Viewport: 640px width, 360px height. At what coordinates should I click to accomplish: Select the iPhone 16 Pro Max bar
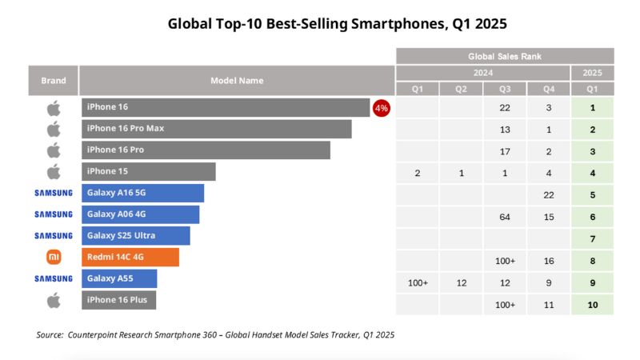pyautogui.click(x=216, y=129)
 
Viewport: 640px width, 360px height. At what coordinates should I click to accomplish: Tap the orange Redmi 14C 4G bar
pyautogui.click(x=130, y=257)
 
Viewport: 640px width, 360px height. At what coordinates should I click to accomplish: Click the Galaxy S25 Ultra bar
pyautogui.click(x=136, y=235)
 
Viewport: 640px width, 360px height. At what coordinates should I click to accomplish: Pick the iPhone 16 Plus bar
pyautogui.click(x=119, y=300)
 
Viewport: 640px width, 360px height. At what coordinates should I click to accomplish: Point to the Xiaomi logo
pyautogui.click(x=54, y=257)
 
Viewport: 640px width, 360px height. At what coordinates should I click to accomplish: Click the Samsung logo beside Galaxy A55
pyautogui.click(x=54, y=278)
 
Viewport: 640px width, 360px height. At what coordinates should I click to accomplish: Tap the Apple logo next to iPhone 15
pyautogui.click(x=54, y=171)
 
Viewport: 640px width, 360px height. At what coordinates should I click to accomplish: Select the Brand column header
pyautogui.click(x=54, y=81)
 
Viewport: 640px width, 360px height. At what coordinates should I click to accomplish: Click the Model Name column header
pyautogui.click(x=237, y=81)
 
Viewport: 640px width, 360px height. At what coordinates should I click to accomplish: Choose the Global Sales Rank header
pyautogui.click(x=505, y=56)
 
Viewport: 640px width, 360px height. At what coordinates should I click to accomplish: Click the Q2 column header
pyautogui.click(x=461, y=89)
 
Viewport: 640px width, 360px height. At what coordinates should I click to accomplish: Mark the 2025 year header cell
pyautogui.click(x=592, y=73)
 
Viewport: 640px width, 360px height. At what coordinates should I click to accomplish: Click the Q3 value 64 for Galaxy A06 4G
pyautogui.click(x=505, y=218)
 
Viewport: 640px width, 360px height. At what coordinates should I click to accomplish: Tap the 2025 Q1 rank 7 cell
pyautogui.click(x=592, y=239)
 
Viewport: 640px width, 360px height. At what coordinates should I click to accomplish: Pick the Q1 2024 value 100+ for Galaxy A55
pyautogui.click(x=418, y=282)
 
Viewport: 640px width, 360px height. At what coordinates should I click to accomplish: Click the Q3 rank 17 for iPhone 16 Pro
pyautogui.click(x=505, y=151)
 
